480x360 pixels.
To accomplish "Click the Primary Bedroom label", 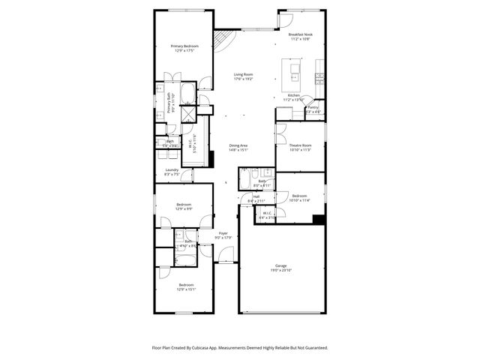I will point(184,46).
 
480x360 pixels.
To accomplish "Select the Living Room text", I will point(242,74).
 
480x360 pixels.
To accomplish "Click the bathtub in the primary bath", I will point(188,95).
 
